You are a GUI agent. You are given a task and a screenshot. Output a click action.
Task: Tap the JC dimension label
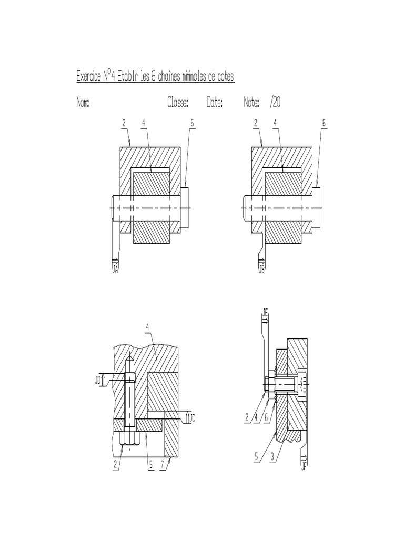tap(193, 418)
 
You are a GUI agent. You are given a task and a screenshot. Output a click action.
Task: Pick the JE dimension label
tap(265, 316)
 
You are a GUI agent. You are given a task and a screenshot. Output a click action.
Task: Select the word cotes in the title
tap(221, 77)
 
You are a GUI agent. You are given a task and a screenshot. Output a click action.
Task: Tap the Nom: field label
tap(83, 103)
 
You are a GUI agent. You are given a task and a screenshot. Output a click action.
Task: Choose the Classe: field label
tap(178, 103)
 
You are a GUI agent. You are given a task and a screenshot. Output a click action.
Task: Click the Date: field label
tap(214, 103)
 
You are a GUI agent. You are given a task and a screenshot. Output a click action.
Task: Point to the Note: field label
tap(251, 103)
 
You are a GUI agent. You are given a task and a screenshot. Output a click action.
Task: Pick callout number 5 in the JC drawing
tap(150, 466)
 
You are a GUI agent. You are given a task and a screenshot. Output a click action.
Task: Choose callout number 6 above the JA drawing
tap(192, 123)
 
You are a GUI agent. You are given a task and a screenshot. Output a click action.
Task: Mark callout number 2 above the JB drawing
tap(256, 123)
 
